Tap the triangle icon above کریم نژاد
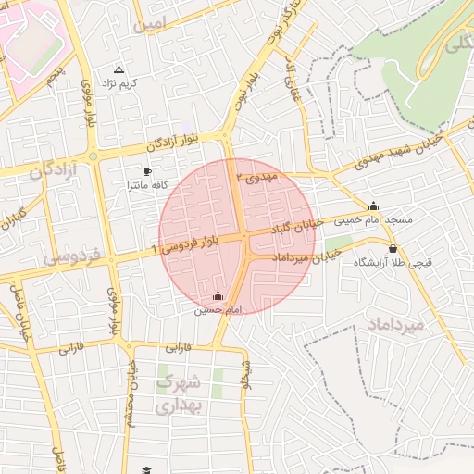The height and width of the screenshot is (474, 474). click(x=118, y=69)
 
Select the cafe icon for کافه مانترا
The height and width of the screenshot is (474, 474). click(x=147, y=172)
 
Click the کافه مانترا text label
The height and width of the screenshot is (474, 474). click(x=147, y=186)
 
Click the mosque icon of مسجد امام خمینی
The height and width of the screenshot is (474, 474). click(x=373, y=206)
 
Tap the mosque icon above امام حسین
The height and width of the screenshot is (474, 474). click(x=218, y=296)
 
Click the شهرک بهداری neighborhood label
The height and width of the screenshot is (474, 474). click(x=180, y=393)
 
